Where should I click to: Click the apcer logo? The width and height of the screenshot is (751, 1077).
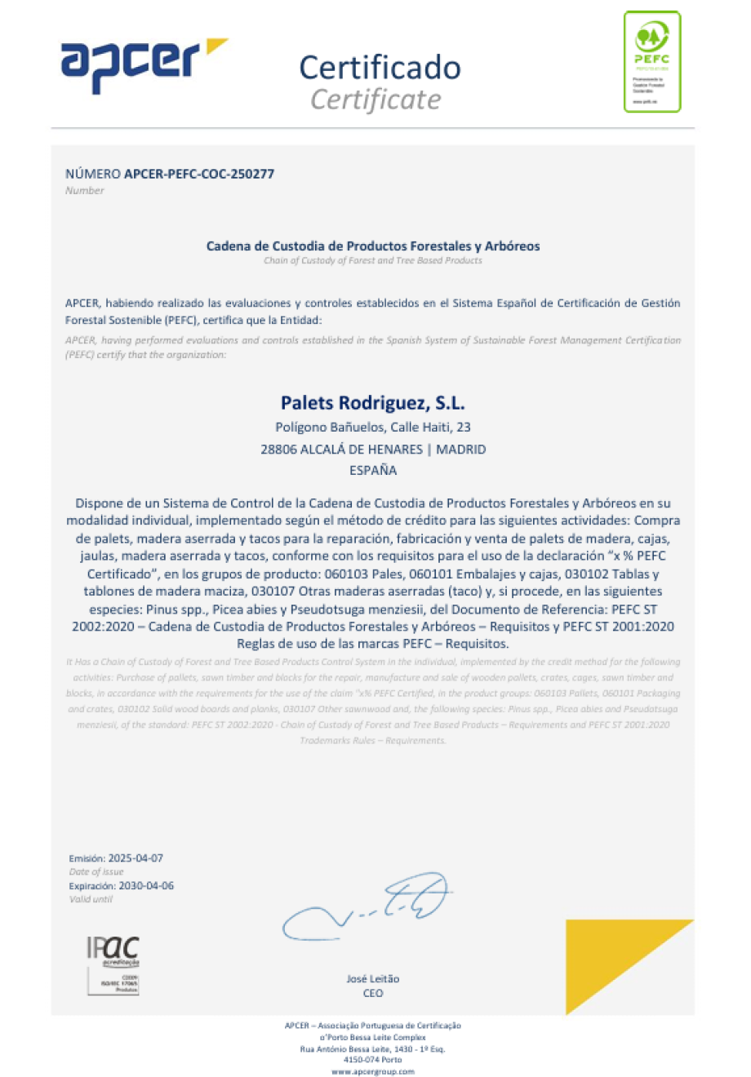(x=143, y=63)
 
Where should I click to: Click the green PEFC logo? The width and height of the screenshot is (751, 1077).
(x=651, y=61)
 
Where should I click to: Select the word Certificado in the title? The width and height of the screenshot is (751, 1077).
(x=380, y=68)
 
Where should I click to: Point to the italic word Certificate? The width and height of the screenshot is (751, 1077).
(x=375, y=100)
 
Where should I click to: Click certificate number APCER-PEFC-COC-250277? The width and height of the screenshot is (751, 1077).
(x=199, y=174)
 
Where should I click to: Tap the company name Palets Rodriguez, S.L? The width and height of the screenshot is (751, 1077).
(x=373, y=403)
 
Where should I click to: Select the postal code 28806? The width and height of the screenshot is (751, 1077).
(x=278, y=449)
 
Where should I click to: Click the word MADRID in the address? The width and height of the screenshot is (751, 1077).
(x=461, y=449)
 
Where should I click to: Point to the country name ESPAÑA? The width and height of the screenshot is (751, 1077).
(x=373, y=470)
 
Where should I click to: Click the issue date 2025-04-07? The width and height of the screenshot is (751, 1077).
(x=136, y=858)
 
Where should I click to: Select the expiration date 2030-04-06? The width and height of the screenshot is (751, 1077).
(x=146, y=885)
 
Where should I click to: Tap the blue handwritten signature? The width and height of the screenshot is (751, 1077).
(x=367, y=906)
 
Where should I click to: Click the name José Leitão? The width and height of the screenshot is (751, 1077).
(x=373, y=978)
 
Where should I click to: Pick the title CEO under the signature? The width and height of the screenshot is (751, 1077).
(x=373, y=993)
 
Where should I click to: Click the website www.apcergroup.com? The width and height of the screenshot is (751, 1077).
(x=373, y=1071)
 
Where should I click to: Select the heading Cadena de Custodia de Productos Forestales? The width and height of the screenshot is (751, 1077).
(x=373, y=246)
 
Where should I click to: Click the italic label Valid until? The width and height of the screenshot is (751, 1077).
(x=91, y=899)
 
